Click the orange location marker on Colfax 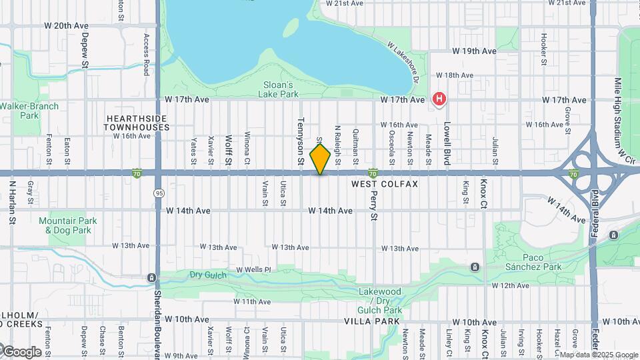(321, 159)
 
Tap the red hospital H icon (439, 100)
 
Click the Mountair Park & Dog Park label (68, 225)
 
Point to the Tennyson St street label (301, 141)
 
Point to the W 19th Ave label (475, 51)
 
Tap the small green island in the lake (291, 27)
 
